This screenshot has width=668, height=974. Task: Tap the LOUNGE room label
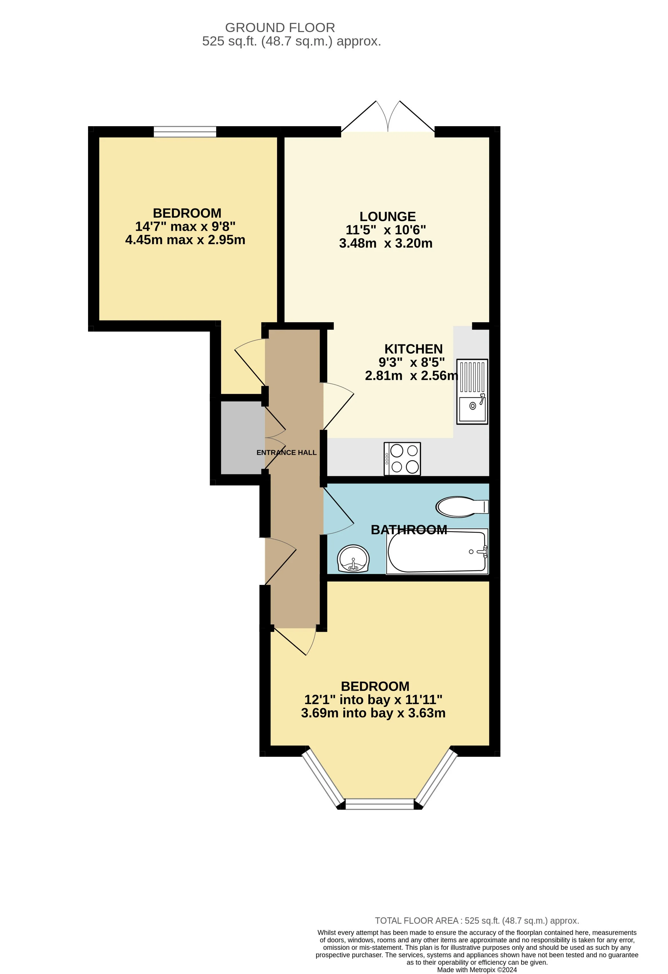pos(387,216)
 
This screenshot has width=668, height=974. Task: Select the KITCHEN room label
pos(413,349)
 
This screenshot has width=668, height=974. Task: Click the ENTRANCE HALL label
pos(287,453)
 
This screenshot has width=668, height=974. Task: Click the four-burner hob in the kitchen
pos(402,459)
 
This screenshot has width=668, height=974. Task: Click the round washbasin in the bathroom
pos(353,559)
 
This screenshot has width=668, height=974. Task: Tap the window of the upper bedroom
pos(185,132)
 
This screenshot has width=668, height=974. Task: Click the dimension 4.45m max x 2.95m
pos(185,240)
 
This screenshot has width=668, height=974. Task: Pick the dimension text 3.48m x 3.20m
pos(386,243)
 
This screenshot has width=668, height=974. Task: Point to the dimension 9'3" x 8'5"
pos(412,362)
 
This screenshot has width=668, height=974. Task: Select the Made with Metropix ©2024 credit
pos(477,970)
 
